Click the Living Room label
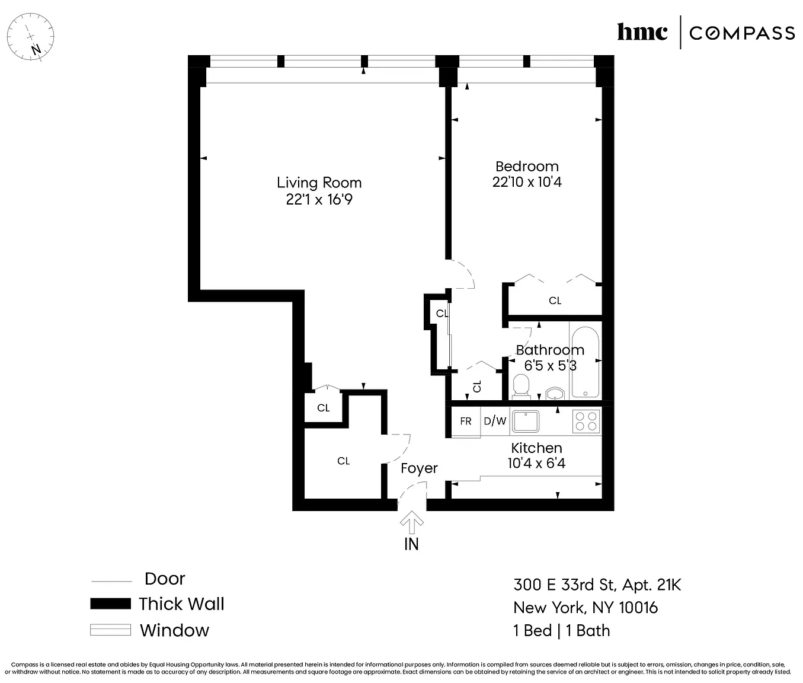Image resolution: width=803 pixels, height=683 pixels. coord(319,183)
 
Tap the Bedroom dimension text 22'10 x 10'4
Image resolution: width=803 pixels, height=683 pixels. coord(527,182)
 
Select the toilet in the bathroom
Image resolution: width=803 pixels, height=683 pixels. coord(521,387)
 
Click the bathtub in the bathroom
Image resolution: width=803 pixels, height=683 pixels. coord(586,362)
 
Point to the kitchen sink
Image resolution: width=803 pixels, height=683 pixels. coord(525,422)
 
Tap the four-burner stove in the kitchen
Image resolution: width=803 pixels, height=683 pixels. coord(586,422)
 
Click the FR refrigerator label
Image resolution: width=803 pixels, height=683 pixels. coord(465,421)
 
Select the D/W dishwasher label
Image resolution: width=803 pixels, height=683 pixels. coord(495,421)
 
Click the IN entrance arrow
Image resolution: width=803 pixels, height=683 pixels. coord(411,522)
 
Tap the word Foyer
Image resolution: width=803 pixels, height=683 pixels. coord(419,468)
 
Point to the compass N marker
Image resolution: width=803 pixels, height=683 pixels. coord(36,49)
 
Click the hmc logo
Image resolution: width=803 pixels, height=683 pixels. coord(642,32)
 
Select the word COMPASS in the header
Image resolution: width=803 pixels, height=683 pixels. coord(742,33)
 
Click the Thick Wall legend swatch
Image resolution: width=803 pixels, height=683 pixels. coord(110,604)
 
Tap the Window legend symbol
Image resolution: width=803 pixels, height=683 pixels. coord(110,630)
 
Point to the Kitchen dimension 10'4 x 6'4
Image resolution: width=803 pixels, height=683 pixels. coord(536,464)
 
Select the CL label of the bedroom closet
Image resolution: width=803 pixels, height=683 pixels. coord(555,301)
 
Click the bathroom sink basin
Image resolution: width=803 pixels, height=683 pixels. coord(555,393)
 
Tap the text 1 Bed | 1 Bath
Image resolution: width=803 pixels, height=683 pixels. coord(561,630)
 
